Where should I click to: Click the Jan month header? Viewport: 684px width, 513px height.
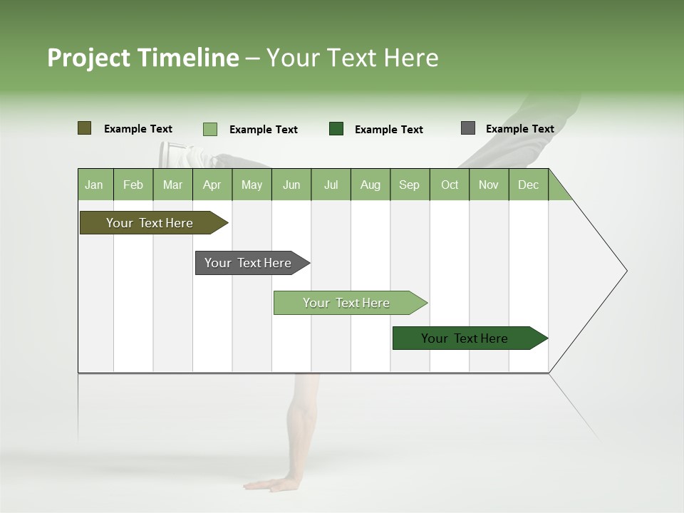(95, 185)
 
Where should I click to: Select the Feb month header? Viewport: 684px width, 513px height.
(133, 185)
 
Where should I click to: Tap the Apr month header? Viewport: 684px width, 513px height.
(212, 185)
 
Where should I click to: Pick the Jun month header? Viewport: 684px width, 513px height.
(291, 185)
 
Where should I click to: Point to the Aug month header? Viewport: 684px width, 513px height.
(370, 185)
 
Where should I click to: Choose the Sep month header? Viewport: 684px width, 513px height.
(410, 185)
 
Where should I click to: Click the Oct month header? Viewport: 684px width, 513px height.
(450, 185)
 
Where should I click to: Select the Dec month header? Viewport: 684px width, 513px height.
(529, 185)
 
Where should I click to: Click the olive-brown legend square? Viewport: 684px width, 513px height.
(85, 128)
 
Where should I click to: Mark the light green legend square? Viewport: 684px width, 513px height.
(210, 129)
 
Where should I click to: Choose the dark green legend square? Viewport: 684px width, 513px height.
(336, 129)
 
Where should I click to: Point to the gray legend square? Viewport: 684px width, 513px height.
(468, 128)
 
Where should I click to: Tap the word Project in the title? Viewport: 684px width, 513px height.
(88, 58)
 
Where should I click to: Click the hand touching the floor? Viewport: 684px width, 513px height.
(274, 484)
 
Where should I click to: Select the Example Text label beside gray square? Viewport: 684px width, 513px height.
(519, 129)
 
